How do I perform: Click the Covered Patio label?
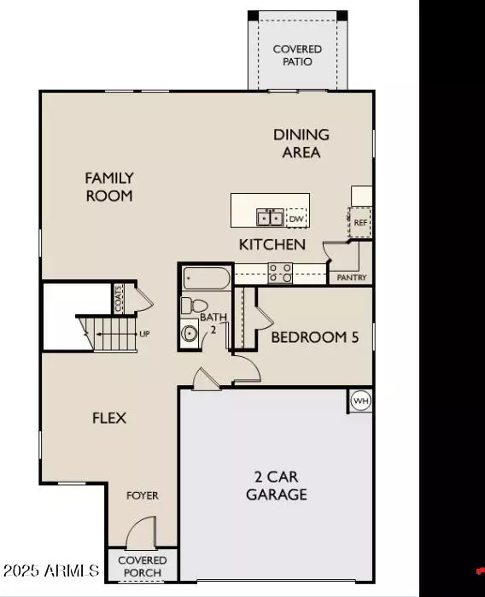coord(297,56)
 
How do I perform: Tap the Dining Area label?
coord(301,143)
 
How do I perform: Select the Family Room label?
coord(109,186)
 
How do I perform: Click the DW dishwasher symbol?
coord(295,219)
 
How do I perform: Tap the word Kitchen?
coord(272,245)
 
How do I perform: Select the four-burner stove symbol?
coord(280,272)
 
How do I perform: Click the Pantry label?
coord(351,278)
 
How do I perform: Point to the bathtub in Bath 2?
coord(206,278)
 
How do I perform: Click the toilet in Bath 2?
coord(196,305)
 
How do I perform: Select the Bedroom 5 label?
coord(314,337)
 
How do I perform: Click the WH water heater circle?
coord(360,401)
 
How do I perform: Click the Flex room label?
coord(109,418)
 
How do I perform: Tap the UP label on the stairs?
coord(144,334)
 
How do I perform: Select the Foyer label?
coord(143,495)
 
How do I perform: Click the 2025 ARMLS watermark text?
coord(51,570)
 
